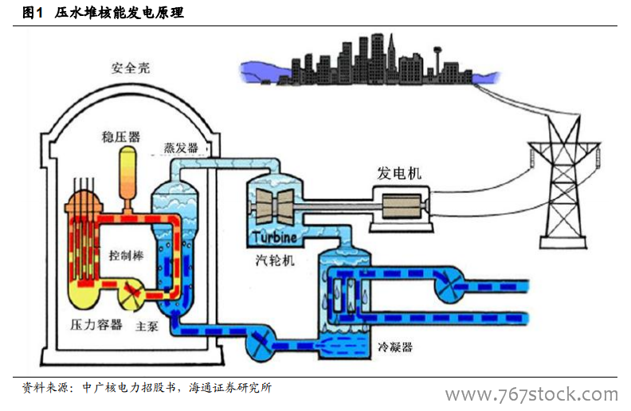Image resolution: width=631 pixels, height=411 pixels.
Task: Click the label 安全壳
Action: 130,68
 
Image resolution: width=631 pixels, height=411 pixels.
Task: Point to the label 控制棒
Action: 126,256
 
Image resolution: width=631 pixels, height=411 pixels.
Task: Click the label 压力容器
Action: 96,324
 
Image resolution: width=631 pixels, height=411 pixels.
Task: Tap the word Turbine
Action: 275,237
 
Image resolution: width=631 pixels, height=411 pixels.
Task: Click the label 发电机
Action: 400,173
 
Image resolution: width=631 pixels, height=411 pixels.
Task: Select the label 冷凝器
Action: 395,348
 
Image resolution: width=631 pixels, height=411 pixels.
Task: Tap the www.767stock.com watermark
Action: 531,395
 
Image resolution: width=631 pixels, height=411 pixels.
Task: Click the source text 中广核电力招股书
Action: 131,389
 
